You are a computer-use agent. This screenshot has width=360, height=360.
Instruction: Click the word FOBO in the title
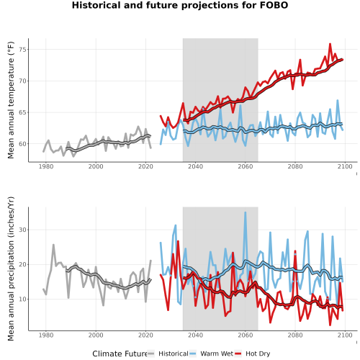[274, 5]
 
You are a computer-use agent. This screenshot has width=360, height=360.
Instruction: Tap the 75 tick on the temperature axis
[23, 50]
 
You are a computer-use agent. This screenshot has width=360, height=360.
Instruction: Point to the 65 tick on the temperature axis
[23, 112]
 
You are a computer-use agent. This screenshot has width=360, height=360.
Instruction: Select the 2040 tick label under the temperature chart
[195, 166]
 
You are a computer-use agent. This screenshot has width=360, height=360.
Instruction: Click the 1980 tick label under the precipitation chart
[46, 335]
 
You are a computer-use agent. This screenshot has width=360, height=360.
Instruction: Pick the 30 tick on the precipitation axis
[23, 230]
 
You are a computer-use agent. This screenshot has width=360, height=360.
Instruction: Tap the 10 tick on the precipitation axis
[23, 299]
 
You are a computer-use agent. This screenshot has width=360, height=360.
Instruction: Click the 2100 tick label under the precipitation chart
[345, 335]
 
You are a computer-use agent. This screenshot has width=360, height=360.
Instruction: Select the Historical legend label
[174, 354]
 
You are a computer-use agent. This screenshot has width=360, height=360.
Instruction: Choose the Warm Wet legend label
[217, 354]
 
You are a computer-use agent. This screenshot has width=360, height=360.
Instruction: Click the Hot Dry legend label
[258, 354]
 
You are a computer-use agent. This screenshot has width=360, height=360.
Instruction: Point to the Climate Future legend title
[120, 354]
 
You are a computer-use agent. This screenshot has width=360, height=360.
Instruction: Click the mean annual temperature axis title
[11, 100]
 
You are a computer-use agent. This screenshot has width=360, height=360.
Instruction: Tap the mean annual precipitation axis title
[11, 269]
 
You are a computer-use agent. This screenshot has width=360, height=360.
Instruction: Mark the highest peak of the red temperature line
[330, 44]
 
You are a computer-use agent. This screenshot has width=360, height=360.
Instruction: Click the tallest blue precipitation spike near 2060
[245, 212]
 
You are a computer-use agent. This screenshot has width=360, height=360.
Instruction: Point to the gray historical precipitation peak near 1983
[53, 245]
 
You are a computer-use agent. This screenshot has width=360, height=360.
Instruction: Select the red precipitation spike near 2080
[295, 251]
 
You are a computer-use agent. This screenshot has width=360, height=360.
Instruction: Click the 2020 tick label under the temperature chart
[145, 166]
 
